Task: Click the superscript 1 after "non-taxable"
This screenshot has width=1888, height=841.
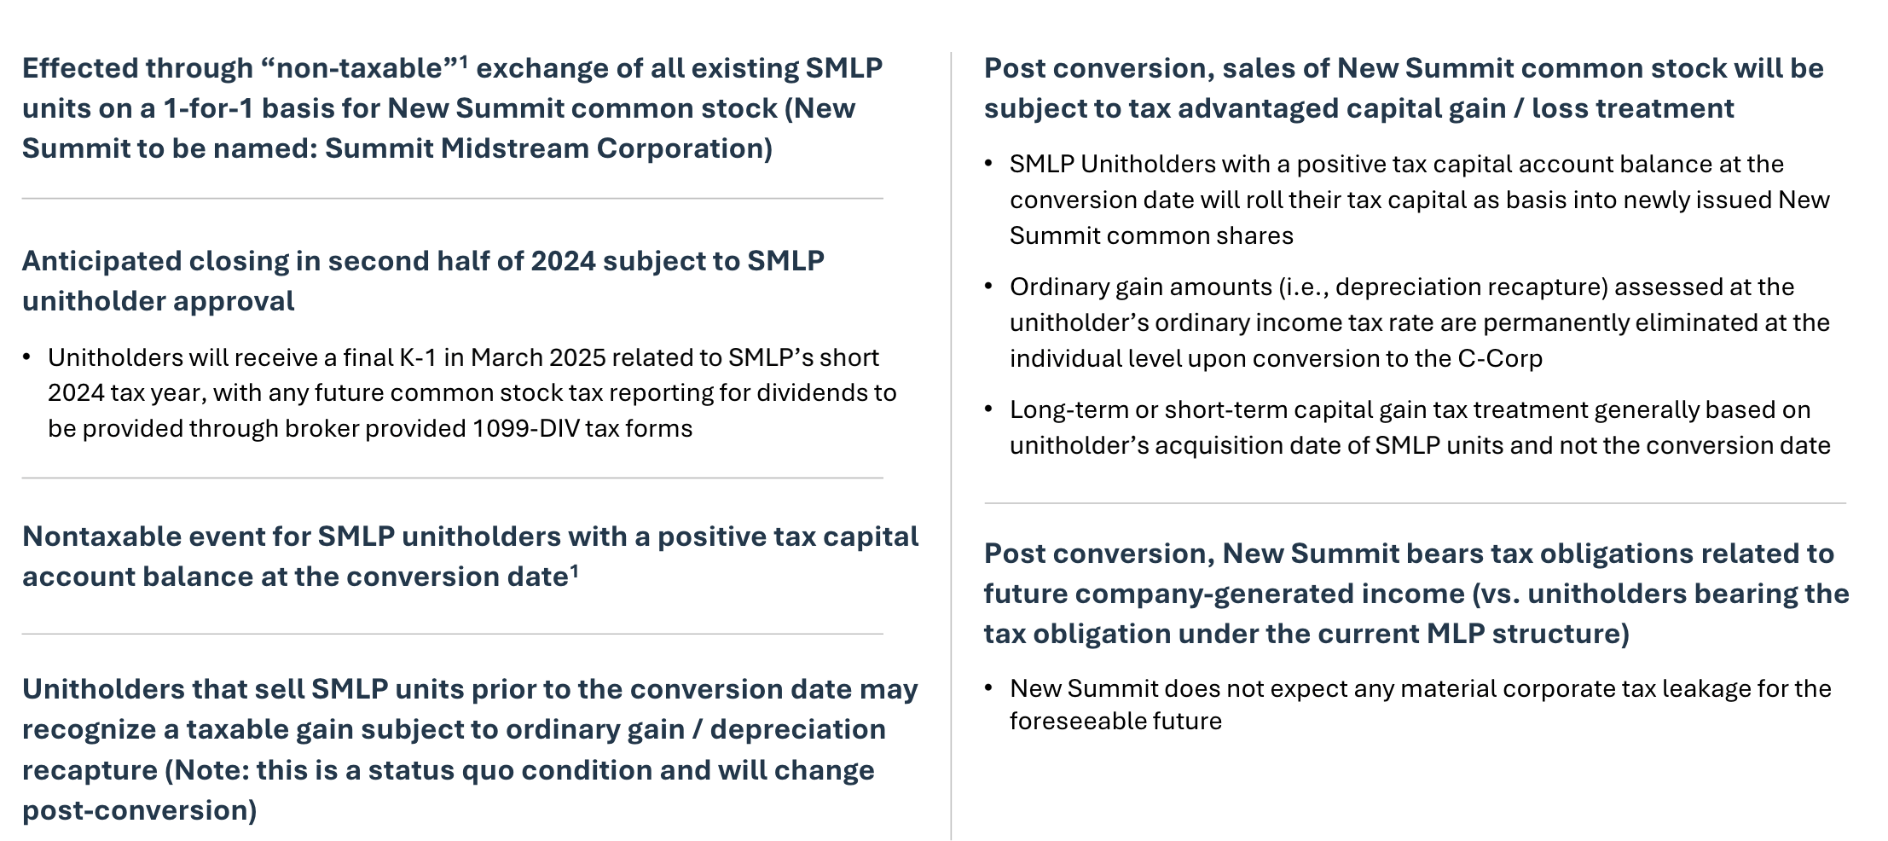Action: pos(464,61)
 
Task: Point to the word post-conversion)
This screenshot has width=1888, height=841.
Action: pos(140,810)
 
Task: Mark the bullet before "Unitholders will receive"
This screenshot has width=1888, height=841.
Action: pos(27,357)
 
